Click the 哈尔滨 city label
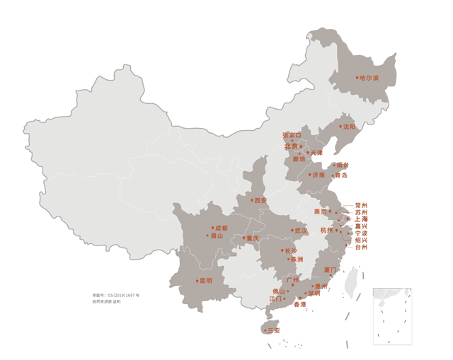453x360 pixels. pos(369,78)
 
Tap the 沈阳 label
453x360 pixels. pos(349,127)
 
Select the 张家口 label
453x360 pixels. pos(292,134)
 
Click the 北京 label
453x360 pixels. pos(291,146)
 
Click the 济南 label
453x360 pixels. pos(318,174)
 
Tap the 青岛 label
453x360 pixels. pos(341,175)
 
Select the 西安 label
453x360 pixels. pos(260,200)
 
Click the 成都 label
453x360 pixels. pos(221,228)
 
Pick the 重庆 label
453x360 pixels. pos(251,238)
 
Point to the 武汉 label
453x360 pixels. pos(301,231)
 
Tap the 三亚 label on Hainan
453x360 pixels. pos(273,330)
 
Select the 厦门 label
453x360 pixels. pos(331,269)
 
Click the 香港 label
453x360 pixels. pos(300,304)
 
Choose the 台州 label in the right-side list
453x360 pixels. pos(361,247)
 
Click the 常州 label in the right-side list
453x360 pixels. pos(361,205)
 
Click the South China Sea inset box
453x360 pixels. pos(392,316)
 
